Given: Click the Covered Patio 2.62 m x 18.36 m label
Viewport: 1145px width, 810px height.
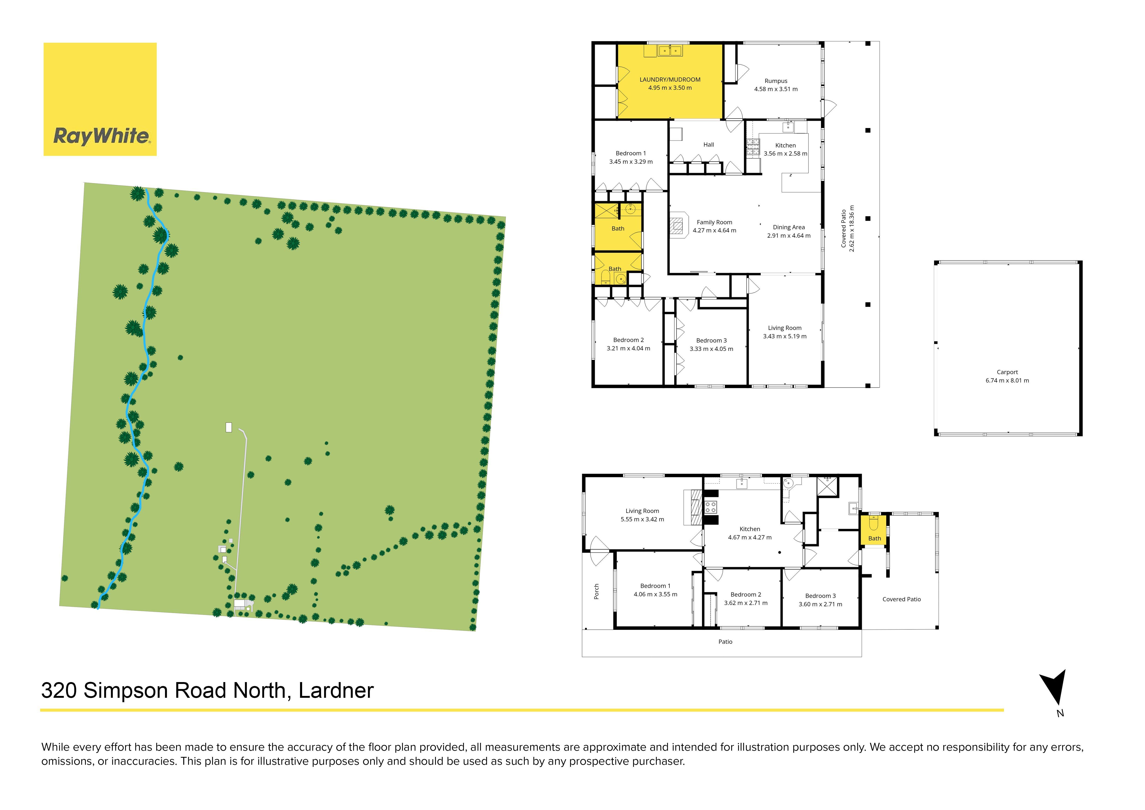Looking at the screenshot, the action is click(848, 229).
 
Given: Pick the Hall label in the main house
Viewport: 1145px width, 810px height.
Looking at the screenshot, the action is click(709, 145).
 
